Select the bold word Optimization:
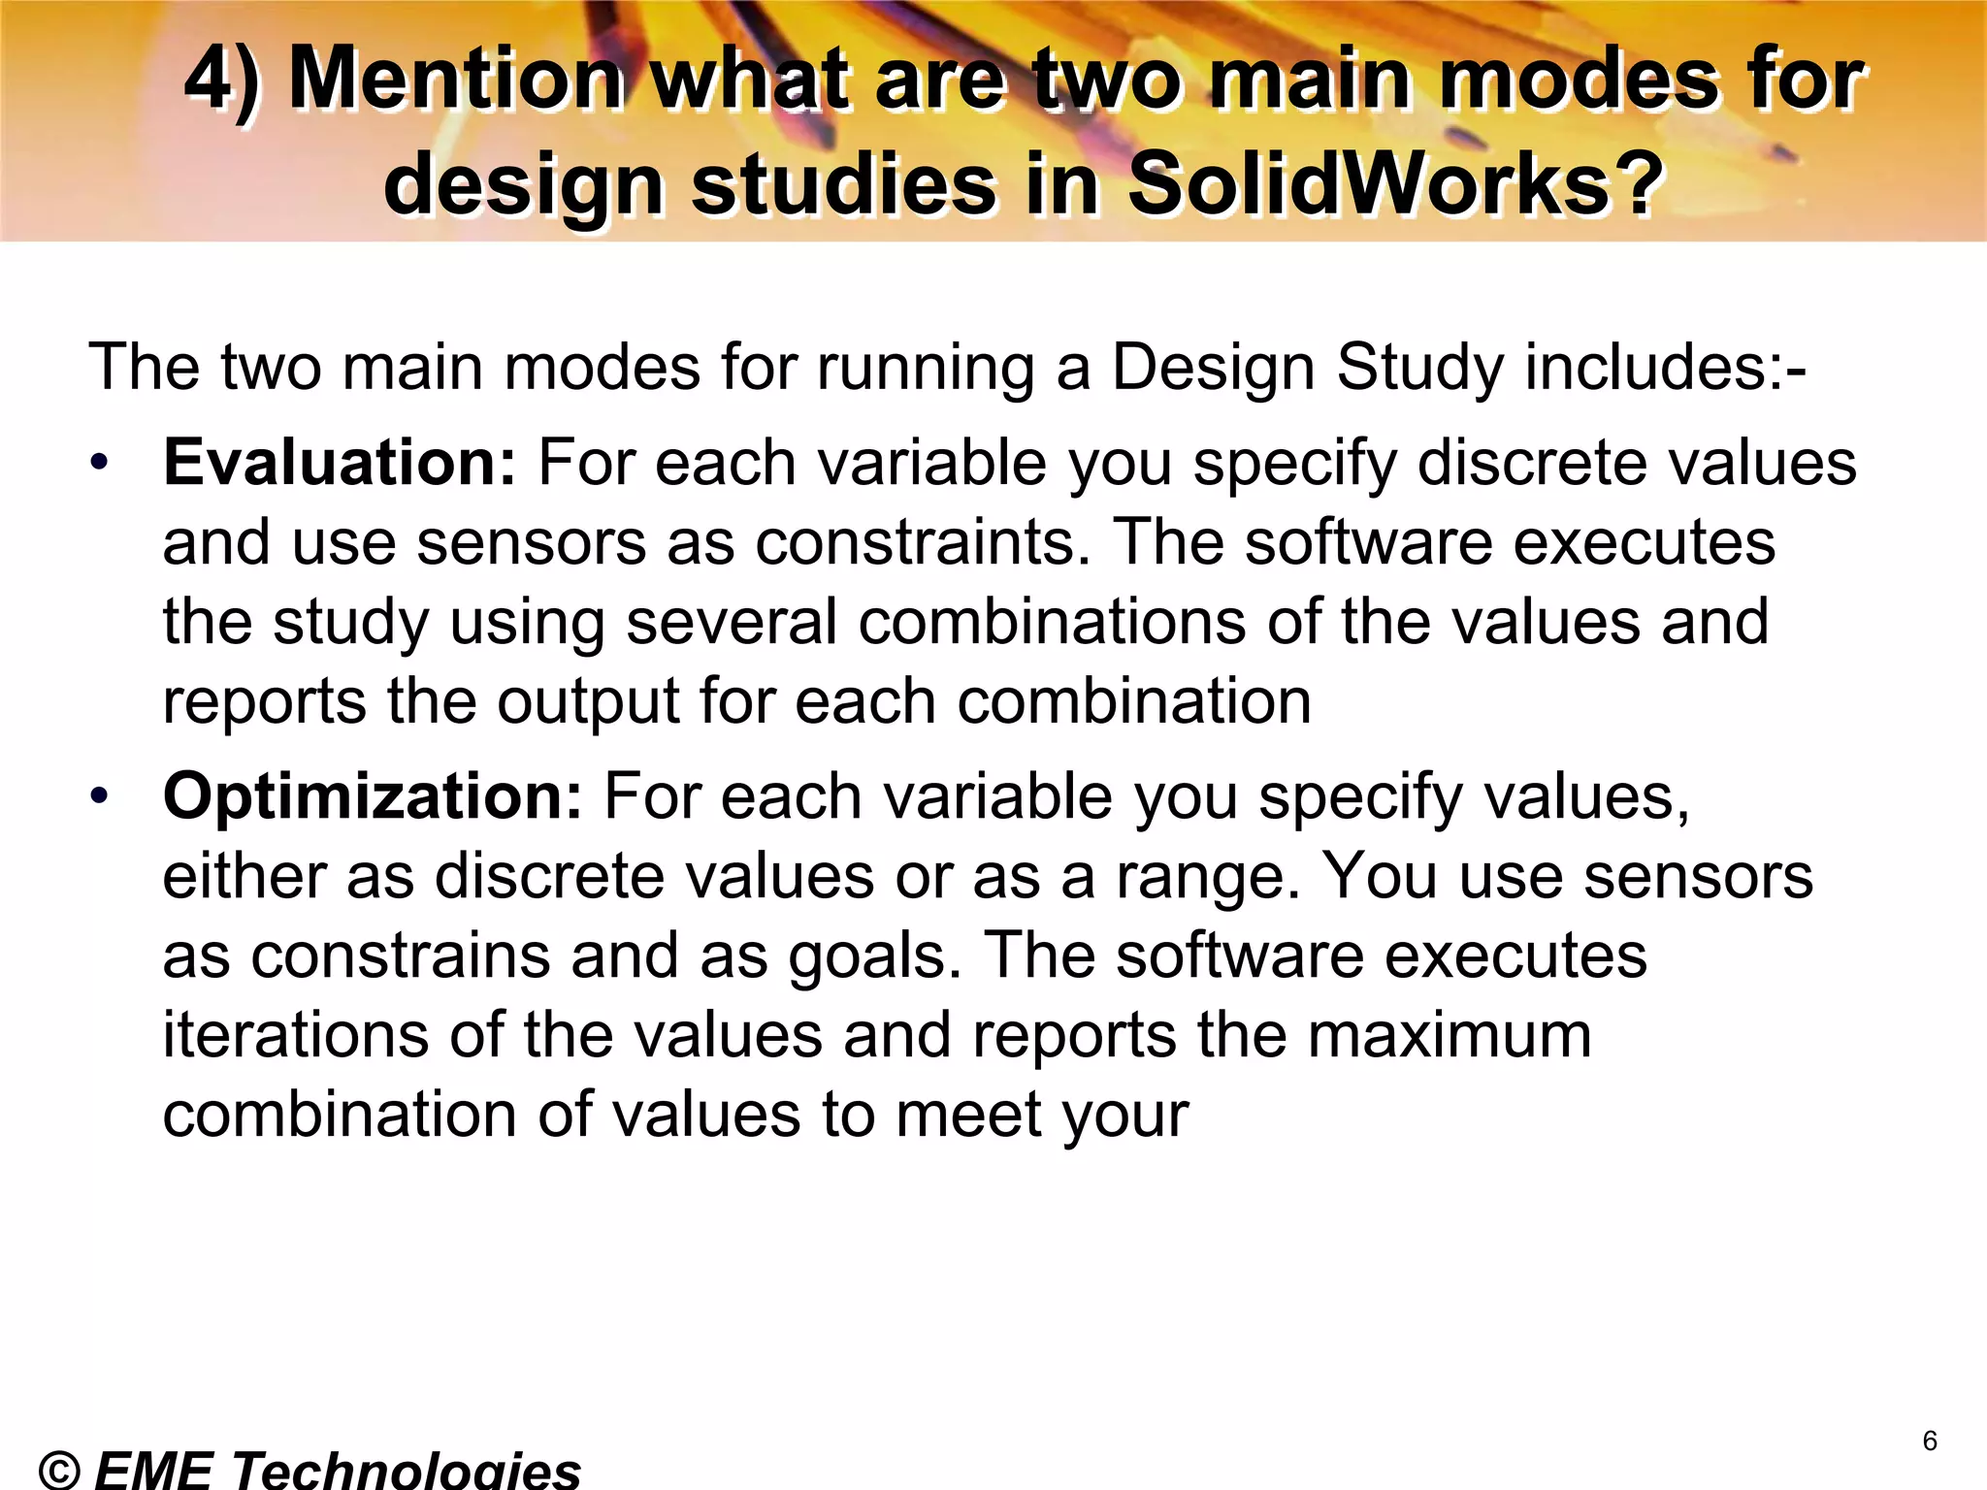[373, 796]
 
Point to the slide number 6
[1930, 1441]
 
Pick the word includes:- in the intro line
[1665, 368]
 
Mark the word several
[730, 622]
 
